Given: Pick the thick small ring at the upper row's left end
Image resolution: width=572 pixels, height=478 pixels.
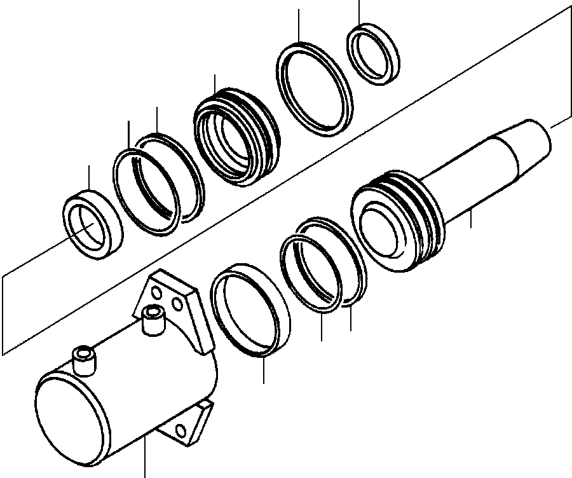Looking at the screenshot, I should [x=74, y=217].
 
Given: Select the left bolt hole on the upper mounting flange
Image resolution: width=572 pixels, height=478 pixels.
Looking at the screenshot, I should [x=155, y=291].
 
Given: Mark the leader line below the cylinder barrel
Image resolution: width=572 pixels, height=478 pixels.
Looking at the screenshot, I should [x=145, y=458].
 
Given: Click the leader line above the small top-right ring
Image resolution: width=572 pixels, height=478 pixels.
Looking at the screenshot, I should [x=360, y=11].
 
